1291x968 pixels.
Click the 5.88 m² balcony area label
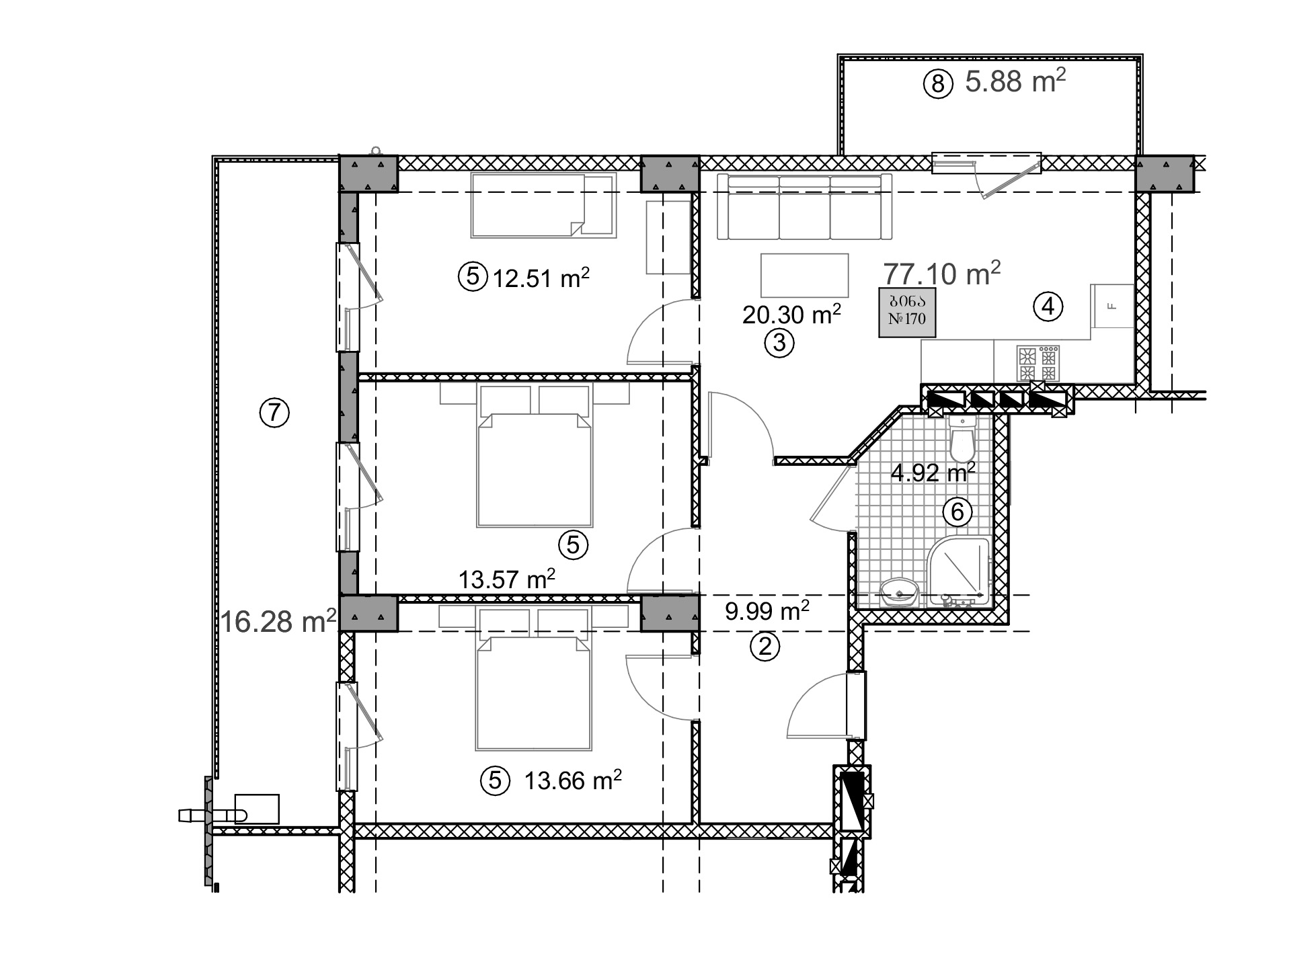(x=1015, y=81)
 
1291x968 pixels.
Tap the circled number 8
(x=938, y=85)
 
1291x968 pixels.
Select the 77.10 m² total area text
(x=941, y=274)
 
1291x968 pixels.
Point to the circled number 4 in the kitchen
(x=1048, y=307)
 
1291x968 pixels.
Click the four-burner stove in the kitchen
(x=1038, y=364)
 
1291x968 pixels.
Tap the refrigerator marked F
(x=1112, y=306)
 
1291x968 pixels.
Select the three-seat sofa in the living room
(x=804, y=206)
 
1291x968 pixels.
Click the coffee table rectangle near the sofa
(x=804, y=275)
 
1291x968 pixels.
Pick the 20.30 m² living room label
(x=791, y=315)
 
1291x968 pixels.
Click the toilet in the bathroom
(x=963, y=436)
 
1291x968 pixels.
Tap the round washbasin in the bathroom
(x=899, y=592)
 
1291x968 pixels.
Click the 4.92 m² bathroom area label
(x=933, y=472)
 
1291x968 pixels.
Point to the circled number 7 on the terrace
(x=274, y=412)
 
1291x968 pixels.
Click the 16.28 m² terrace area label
(x=278, y=622)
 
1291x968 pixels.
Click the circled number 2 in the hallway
(x=765, y=647)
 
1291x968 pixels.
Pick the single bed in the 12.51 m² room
(x=543, y=205)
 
